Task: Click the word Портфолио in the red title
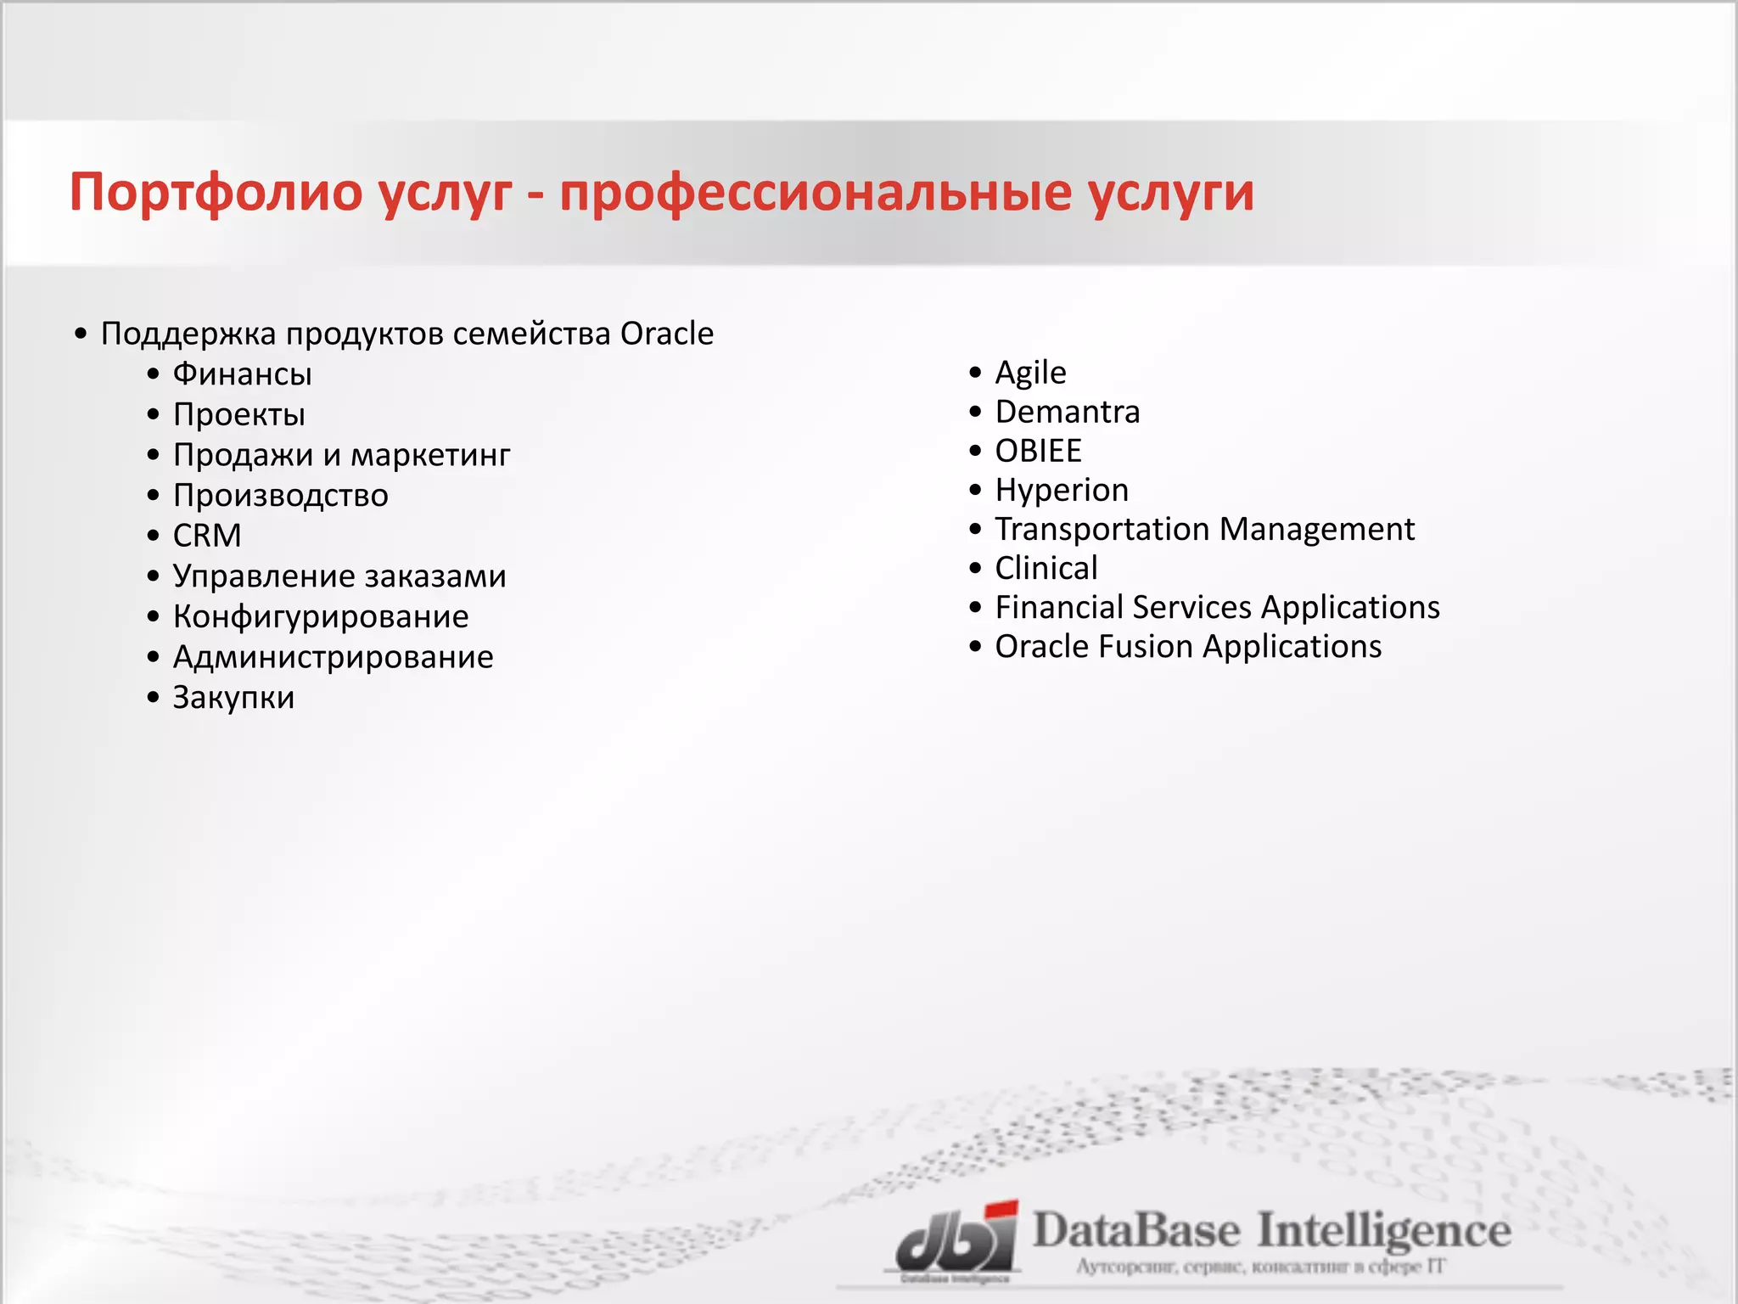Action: pyautogui.click(x=216, y=193)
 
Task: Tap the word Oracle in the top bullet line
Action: pyautogui.click(x=667, y=334)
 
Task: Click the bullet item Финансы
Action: pyautogui.click(x=243, y=374)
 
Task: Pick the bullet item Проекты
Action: pyautogui.click(x=239, y=415)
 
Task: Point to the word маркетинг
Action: pyautogui.click(x=430, y=456)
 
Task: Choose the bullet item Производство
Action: pyautogui.click(x=281, y=496)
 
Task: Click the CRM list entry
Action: pyautogui.click(x=207, y=536)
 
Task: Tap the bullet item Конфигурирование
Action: pyautogui.click(x=321, y=617)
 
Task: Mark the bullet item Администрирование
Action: pyautogui.click(x=334, y=657)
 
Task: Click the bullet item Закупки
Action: pyautogui.click(x=234, y=698)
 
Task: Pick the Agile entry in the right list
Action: pyautogui.click(x=1030, y=373)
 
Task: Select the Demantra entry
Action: pyautogui.click(x=1068, y=412)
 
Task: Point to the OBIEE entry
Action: pyautogui.click(x=1039, y=451)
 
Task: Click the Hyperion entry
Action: pyautogui.click(x=1062, y=490)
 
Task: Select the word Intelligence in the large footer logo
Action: pyautogui.click(x=1383, y=1231)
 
